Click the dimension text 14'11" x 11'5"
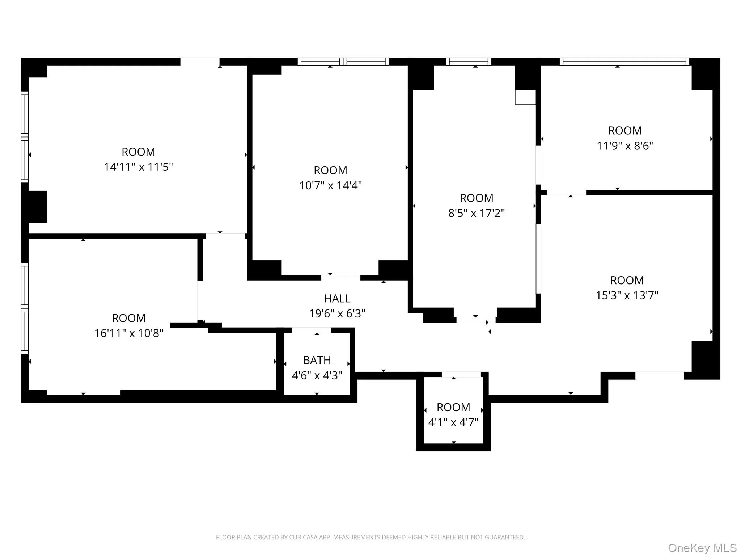click(138, 167)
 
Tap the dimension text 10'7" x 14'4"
click(330, 185)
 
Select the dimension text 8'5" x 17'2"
click(476, 213)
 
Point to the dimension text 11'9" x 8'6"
click(624, 146)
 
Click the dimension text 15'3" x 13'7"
click(627, 295)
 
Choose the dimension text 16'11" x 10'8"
click(129, 333)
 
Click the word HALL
click(337, 299)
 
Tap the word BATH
click(317, 360)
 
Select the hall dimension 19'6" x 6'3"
click(337, 313)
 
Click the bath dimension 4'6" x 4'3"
click(317, 375)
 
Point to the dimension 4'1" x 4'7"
click(453, 422)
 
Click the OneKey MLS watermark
click(702, 548)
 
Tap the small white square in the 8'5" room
click(525, 97)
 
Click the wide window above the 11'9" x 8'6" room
click(624, 62)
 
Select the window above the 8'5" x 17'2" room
click(468, 62)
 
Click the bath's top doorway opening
click(312, 330)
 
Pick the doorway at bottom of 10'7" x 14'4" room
click(340, 278)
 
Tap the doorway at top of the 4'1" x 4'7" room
click(461, 374)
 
